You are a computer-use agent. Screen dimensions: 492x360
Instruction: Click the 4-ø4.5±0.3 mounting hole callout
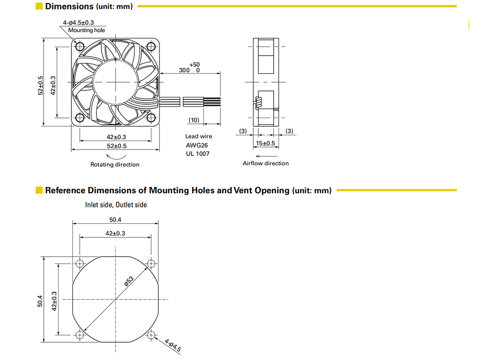pos(78,23)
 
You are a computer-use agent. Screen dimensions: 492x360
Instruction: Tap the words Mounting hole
pos(87,30)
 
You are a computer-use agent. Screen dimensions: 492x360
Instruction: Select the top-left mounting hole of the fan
pos(80,46)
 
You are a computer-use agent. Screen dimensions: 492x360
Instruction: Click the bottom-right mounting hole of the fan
pos(151,118)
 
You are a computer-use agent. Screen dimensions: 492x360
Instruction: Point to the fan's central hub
pos(116,82)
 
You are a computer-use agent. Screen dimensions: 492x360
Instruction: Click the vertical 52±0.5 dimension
pos(40,85)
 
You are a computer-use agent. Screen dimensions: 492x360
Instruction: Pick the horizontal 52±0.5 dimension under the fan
pos(117,146)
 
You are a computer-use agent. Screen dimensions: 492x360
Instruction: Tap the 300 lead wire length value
pos(184,70)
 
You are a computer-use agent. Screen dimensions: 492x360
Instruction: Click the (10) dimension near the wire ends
pos(194,120)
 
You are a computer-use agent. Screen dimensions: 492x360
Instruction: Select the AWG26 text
pos(197,146)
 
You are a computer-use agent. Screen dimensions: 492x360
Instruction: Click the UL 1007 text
pos(198,154)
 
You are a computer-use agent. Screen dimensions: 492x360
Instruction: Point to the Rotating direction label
pos(115,165)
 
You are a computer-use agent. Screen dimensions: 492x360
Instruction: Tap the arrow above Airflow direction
pos(267,156)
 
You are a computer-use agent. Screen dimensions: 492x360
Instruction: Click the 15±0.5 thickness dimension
pos(266,143)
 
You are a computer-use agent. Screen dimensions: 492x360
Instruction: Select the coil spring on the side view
pos(259,103)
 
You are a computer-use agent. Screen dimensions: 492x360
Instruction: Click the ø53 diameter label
pos(129,281)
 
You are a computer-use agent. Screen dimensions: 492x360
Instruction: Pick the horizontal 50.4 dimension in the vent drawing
pos(115,220)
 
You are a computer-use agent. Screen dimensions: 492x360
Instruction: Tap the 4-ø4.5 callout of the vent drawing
pos(173,345)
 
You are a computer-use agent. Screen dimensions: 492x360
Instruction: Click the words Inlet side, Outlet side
pos(116,205)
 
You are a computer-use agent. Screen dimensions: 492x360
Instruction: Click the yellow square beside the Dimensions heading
pos(39,6)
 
